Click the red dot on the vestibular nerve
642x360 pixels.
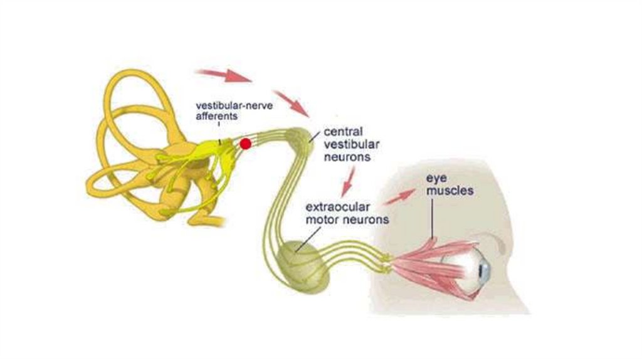pos(245,144)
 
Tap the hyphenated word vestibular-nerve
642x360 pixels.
pos(227,105)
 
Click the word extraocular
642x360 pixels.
pos(338,207)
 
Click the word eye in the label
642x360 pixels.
pos(436,178)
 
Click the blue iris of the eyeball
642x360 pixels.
pos(483,271)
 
